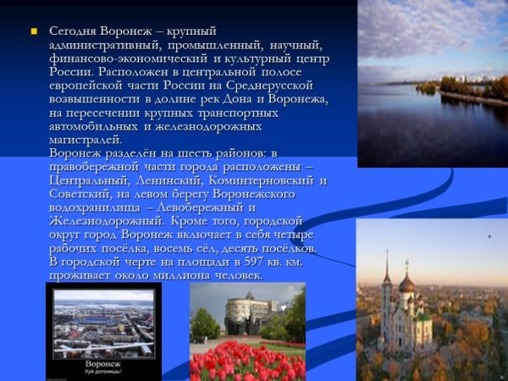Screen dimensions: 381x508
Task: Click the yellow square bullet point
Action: [x=35, y=32]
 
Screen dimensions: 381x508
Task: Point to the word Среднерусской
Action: [x=273, y=86]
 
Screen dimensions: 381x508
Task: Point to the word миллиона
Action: [x=179, y=275]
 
